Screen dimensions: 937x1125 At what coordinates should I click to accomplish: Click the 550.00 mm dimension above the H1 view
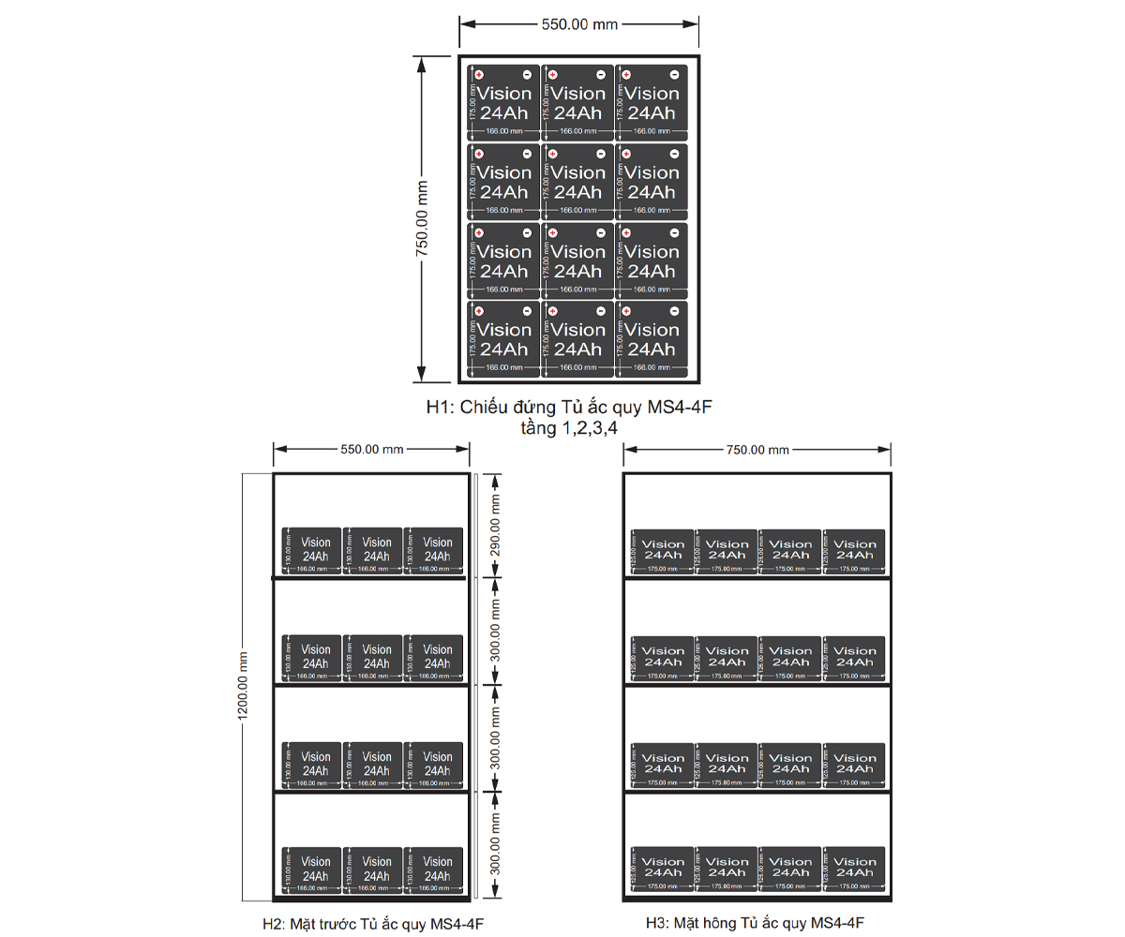point(579,24)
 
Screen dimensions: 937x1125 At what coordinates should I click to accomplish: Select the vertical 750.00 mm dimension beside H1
point(422,218)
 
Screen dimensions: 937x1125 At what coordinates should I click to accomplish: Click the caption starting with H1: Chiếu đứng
point(576,408)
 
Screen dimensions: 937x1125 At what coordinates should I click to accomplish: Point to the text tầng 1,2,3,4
point(575,427)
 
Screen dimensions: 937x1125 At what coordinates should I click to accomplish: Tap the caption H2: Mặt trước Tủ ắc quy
point(373,924)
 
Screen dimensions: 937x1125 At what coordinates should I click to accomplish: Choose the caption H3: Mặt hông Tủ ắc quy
point(755,923)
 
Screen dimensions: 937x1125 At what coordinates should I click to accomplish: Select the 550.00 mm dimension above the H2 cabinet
point(371,449)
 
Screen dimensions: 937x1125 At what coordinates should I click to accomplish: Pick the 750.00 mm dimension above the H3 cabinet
point(757,449)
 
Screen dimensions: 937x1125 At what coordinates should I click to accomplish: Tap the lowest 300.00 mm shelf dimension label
point(496,845)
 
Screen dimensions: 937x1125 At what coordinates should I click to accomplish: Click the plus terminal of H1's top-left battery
point(478,75)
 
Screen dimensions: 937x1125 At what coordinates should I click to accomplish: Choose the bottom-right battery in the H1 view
point(652,340)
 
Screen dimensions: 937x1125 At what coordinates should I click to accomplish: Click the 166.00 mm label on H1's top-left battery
point(503,131)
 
